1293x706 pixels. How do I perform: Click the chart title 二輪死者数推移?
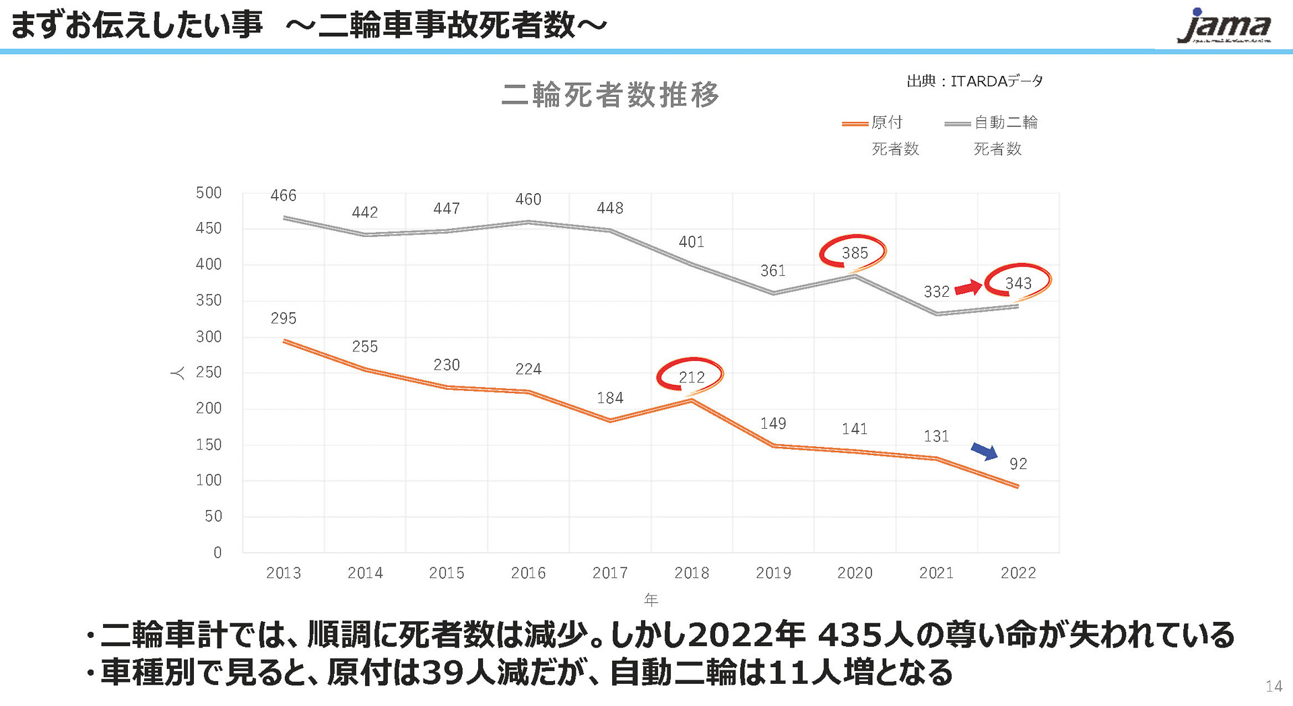[610, 94]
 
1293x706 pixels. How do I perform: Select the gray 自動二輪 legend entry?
[991, 123]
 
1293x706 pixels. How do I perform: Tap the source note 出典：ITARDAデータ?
[974, 81]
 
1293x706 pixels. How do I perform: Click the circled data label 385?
[854, 253]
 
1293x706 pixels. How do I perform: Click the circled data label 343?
[1018, 283]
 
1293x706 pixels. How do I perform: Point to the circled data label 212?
[691, 377]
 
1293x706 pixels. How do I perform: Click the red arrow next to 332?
[968, 287]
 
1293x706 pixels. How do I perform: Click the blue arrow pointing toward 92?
[985, 451]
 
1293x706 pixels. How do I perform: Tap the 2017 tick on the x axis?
[609, 573]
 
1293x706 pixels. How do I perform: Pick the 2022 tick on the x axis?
[1018, 573]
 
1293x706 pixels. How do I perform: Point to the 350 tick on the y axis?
[209, 300]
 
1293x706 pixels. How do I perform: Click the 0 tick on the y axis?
[218, 553]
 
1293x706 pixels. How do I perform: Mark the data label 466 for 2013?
[283, 195]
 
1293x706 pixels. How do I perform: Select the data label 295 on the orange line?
[283, 318]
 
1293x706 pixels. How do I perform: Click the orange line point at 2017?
[609, 421]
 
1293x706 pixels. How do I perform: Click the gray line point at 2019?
[773, 293]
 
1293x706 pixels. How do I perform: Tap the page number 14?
[1273, 686]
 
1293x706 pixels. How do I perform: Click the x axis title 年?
[651, 599]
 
